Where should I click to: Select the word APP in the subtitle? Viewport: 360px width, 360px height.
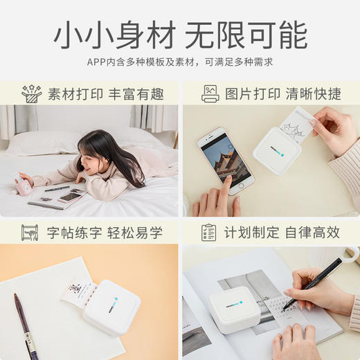coord(96,62)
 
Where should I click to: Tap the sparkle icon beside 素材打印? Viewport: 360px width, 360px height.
coord(31,93)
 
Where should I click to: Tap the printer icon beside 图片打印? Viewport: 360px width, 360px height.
coord(210,93)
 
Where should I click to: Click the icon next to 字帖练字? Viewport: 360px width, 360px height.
coord(30,233)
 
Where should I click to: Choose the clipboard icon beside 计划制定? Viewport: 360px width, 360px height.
coord(208,233)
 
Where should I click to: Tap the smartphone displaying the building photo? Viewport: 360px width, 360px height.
coord(225,157)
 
